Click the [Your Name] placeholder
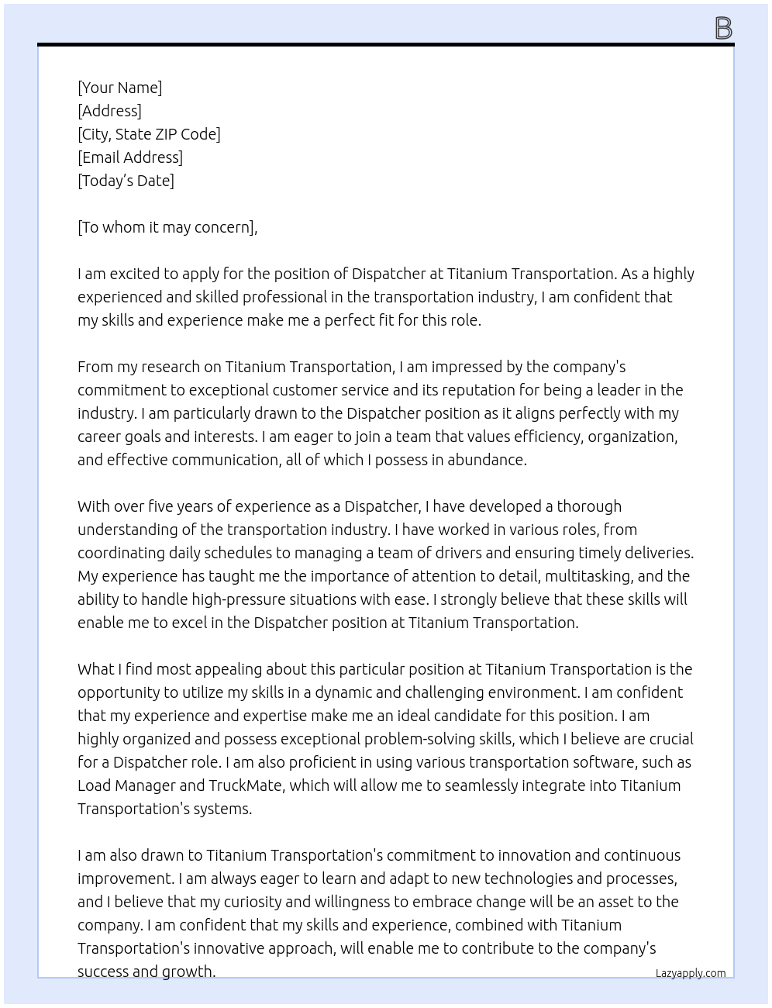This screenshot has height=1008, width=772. (x=119, y=88)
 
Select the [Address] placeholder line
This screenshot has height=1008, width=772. (x=109, y=111)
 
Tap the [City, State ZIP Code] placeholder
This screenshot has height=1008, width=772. (x=149, y=134)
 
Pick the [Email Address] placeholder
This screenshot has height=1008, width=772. (x=130, y=157)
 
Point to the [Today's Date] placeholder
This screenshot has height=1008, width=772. (x=126, y=181)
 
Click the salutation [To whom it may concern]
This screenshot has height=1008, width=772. (x=167, y=227)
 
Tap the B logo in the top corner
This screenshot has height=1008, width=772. (x=722, y=29)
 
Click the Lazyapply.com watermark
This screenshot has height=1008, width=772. (x=690, y=973)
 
